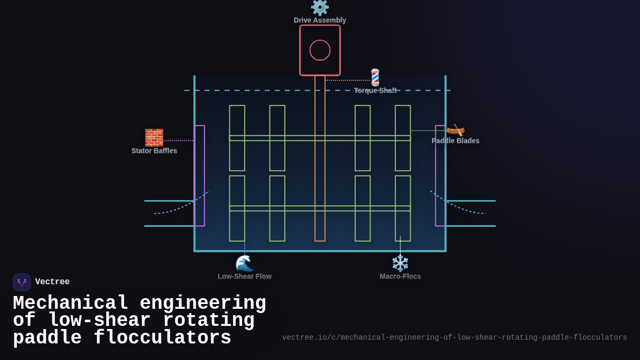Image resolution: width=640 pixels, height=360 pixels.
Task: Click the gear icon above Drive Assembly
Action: [320, 7]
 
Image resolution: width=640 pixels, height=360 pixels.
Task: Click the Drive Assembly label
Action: [320, 20]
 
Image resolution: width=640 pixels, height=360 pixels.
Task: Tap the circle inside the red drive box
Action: [320, 50]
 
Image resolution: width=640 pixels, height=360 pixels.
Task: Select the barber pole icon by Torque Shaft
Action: [375, 77]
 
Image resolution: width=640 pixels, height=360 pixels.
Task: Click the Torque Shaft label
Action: [375, 91]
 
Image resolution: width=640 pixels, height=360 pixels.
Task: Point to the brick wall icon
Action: [154, 138]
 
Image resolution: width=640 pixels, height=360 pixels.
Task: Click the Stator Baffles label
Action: [154, 151]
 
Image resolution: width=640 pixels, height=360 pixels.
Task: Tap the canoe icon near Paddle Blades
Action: [455, 130]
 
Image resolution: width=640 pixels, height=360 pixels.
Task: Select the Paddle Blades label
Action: [455, 141]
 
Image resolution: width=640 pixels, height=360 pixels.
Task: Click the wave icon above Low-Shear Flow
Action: [244, 263]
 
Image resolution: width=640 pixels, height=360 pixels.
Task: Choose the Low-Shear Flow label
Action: [244, 276]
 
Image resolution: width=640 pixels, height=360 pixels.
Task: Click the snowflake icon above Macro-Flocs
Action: [400, 263]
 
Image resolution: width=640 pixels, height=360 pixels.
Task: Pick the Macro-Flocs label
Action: [400, 276]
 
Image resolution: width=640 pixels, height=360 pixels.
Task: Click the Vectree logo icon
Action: [22, 282]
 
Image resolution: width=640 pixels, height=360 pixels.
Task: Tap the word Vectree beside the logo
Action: [52, 282]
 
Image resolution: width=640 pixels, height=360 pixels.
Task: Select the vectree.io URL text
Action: [454, 338]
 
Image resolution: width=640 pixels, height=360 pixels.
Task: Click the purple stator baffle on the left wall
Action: [199, 175]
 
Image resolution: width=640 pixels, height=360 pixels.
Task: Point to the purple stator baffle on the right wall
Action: [441, 175]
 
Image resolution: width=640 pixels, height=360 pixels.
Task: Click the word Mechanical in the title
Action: [70, 303]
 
